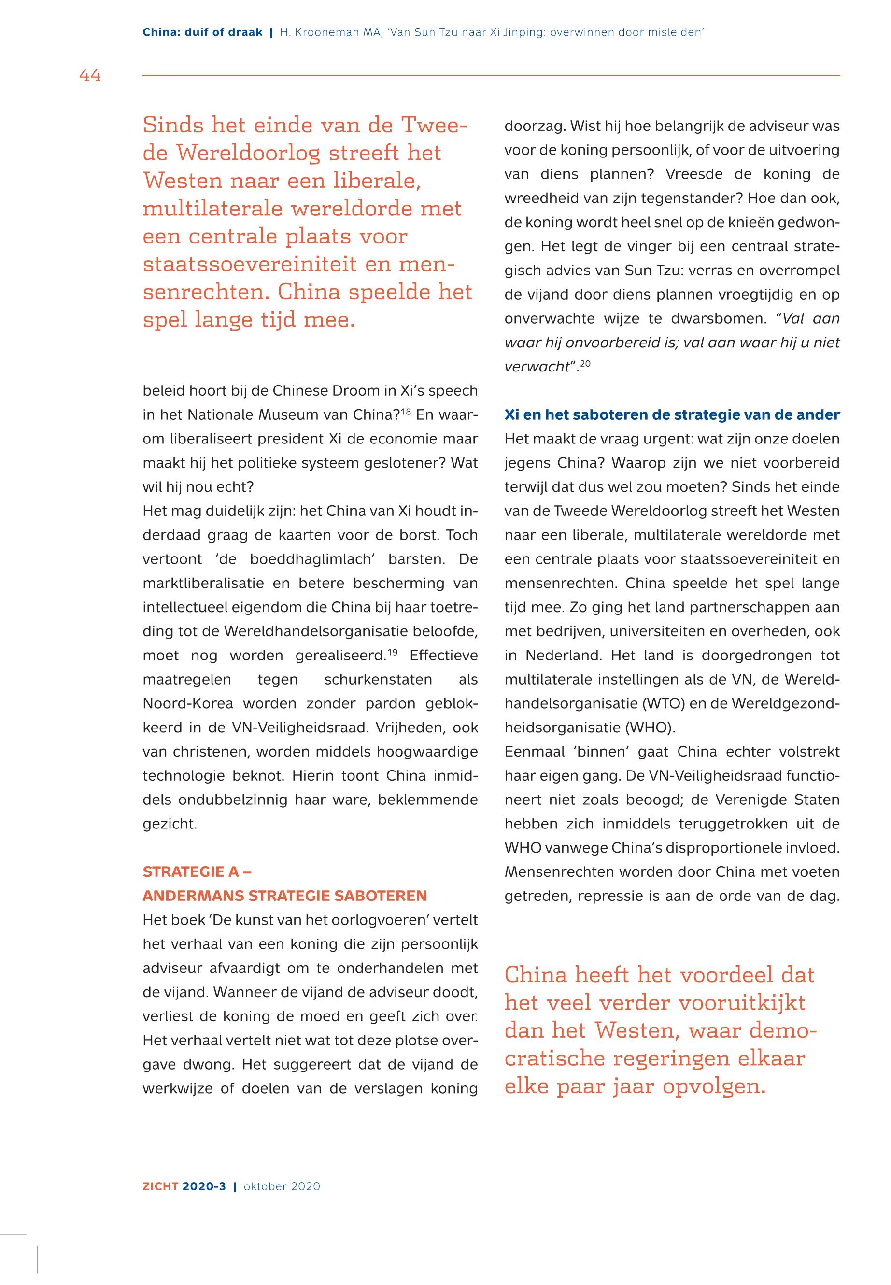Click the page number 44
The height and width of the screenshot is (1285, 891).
90,75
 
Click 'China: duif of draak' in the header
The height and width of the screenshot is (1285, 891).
202,32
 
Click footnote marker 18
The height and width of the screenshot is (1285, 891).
406,411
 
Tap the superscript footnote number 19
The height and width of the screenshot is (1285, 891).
393,651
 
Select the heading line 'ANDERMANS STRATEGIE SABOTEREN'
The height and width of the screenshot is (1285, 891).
285,896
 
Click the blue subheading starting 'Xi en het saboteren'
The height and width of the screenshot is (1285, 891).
672,415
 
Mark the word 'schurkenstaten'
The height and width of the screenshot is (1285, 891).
378,679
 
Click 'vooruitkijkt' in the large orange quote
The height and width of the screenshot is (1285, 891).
741,1002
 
